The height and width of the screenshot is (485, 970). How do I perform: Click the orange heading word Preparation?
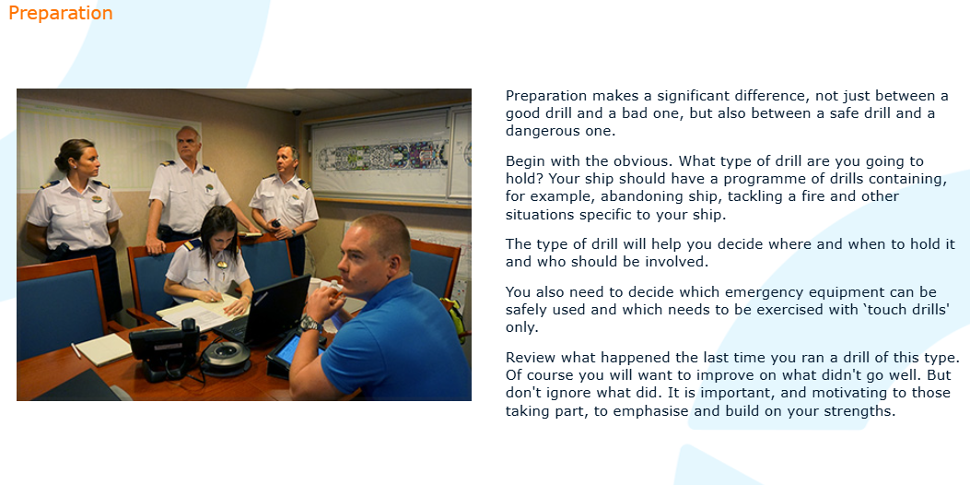61,14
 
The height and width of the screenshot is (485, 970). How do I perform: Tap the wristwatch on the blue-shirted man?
309,324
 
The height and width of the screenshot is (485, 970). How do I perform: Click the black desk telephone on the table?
163,348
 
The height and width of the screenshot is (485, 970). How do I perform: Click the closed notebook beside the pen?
103,349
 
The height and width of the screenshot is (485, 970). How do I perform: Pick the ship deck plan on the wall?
381,154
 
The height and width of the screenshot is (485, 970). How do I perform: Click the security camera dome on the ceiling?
297,112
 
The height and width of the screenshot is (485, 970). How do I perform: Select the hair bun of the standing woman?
58,163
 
